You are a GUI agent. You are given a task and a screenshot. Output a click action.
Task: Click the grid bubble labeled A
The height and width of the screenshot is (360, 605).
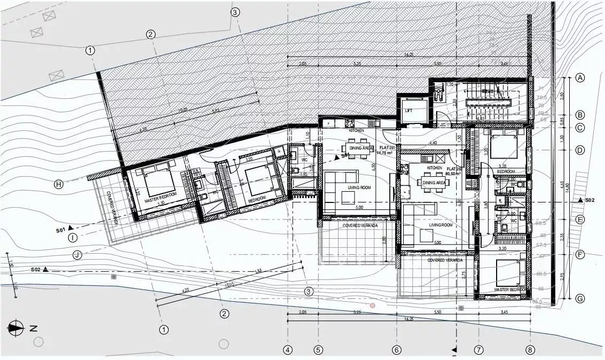tap(580, 78)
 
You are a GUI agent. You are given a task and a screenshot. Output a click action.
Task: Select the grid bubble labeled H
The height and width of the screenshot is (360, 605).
tap(59, 184)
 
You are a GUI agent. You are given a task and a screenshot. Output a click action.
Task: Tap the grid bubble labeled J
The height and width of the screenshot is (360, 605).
tap(78, 255)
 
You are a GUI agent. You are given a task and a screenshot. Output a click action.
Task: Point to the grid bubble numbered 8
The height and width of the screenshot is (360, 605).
tap(530, 350)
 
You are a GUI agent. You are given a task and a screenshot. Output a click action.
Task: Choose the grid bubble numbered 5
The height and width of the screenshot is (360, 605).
tap(318, 350)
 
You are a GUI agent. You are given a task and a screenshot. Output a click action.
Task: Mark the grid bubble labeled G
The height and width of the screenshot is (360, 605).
tap(580, 299)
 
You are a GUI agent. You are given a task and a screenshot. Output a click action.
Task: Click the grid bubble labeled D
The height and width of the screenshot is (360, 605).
tap(580, 150)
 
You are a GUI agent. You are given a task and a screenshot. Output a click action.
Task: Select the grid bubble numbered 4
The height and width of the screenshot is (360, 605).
tap(288, 350)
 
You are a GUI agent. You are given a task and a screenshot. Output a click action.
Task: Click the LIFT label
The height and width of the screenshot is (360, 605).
tap(409, 111)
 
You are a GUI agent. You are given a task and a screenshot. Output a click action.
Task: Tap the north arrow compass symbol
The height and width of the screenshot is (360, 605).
tap(16, 328)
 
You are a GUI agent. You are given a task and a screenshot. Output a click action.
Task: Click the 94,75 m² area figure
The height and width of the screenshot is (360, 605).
tap(384, 153)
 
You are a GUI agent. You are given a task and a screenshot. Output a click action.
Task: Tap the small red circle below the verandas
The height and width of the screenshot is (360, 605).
tap(373, 306)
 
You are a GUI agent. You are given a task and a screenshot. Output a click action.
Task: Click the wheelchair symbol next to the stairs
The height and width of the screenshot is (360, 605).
tap(439, 94)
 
